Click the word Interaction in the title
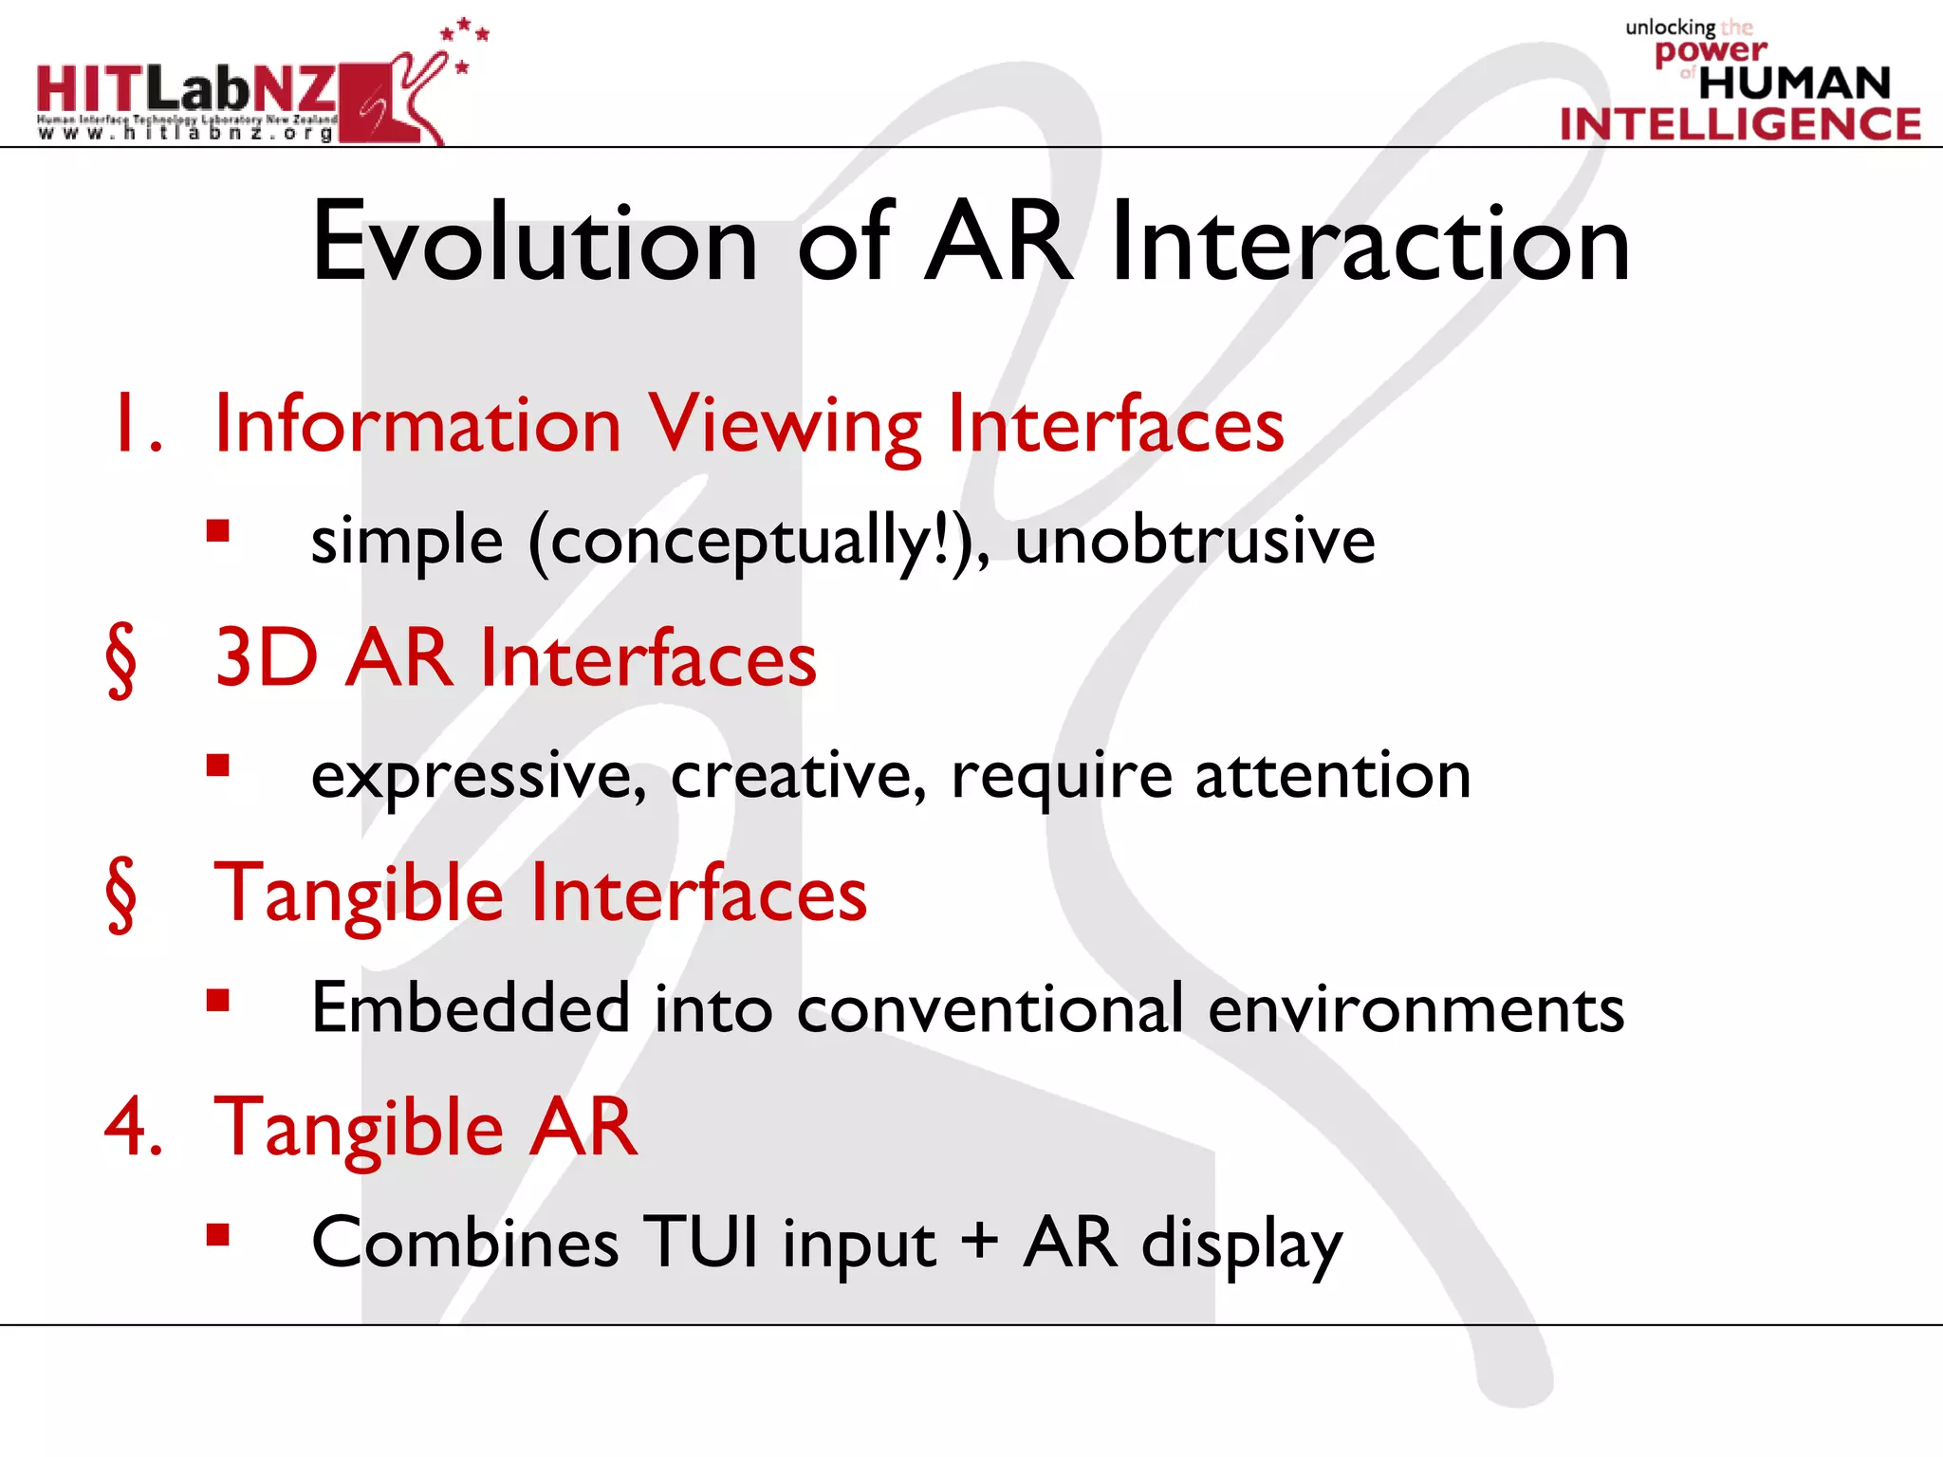point(1370,243)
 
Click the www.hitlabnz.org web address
point(186,134)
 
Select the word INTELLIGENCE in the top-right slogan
point(1740,124)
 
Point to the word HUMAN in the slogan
point(1794,83)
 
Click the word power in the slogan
point(1711,51)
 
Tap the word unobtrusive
point(1194,541)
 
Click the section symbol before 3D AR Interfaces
point(120,660)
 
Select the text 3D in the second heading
point(267,657)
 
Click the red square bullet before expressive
point(218,765)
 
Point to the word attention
point(1333,776)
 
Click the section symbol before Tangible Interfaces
point(120,894)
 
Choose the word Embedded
point(471,1007)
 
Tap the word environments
point(1416,1009)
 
